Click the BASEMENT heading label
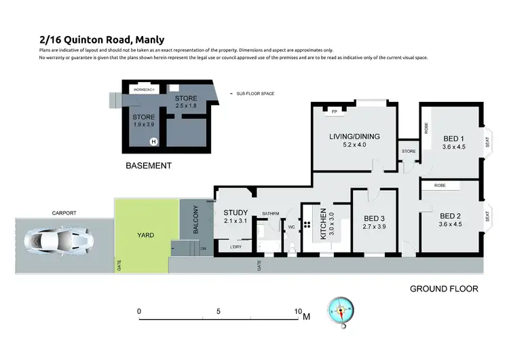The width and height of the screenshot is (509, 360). [x=149, y=165]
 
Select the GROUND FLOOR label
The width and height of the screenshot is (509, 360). [x=444, y=289]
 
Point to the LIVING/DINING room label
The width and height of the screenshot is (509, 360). [x=354, y=136]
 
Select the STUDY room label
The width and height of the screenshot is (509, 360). [x=235, y=213]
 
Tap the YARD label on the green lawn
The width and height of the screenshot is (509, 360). [x=145, y=235]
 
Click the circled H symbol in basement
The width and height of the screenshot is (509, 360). [x=153, y=142]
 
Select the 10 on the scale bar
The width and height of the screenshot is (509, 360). [x=297, y=312]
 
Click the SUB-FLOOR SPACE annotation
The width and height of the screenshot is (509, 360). [x=255, y=93]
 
